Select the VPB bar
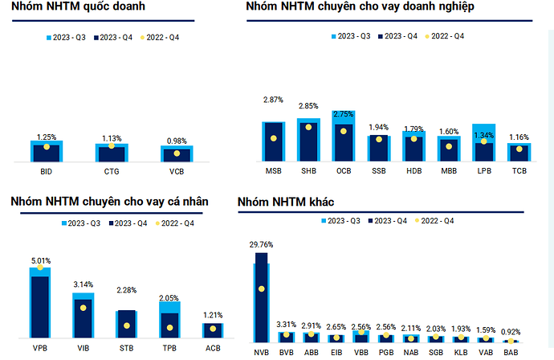[x=39, y=303]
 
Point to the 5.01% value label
[x=39, y=260]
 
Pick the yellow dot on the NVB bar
[x=261, y=288]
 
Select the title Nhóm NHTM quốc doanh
[x=60, y=7]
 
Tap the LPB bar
[x=483, y=143]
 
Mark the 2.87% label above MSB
[x=274, y=99]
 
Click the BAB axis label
[x=510, y=352]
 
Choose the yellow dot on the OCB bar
[x=344, y=131]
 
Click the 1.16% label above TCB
[x=518, y=137]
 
